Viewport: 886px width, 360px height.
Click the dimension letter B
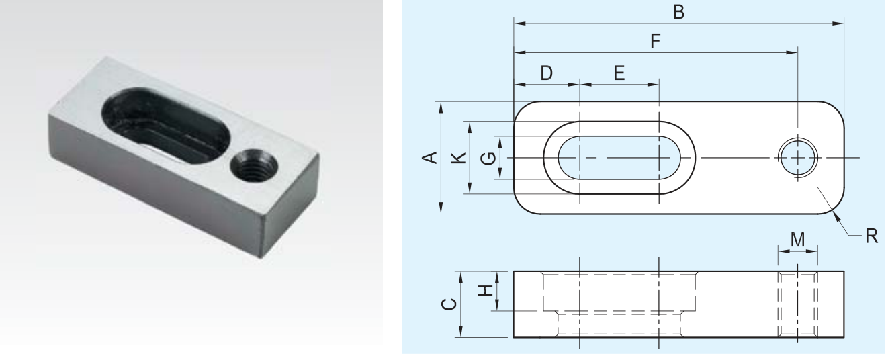tap(678, 12)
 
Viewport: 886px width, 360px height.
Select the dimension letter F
tap(656, 41)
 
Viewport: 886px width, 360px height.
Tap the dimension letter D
tap(546, 73)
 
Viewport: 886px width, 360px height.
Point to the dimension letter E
tap(619, 73)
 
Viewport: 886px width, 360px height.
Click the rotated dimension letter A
tap(430, 157)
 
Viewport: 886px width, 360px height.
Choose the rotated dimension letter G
tap(488, 159)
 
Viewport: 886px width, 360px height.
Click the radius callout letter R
tap(872, 236)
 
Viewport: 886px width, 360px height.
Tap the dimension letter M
tap(797, 239)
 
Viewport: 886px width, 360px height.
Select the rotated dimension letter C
tap(449, 304)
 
